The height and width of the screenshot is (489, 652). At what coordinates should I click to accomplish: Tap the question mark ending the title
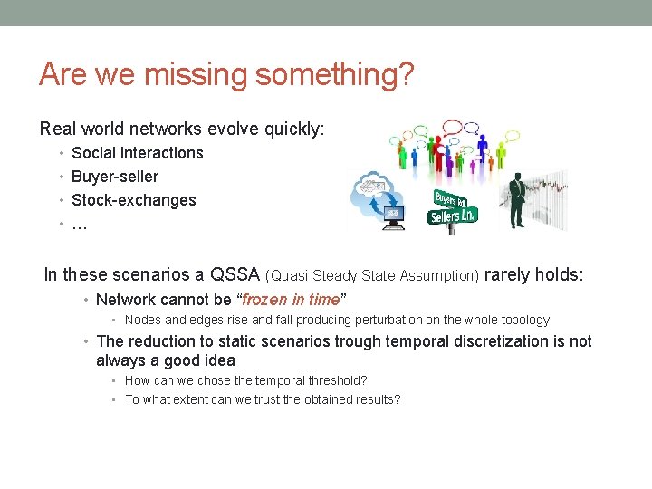pyautogui.click(x=406, y=74)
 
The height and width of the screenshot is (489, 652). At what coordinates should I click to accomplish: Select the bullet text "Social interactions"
pyautogui.click(x=138, y=153)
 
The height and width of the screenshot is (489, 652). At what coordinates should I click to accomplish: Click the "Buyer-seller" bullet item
pyautogui.click(x=115, y=177)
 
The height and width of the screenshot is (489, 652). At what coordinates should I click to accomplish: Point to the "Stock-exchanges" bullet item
pyautogui.click(x=134, y=200)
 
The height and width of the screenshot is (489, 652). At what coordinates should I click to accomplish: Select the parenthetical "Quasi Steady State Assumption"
pyautogui.click(x=373, y=275)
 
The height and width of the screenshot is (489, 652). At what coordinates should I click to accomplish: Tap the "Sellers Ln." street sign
pyautogui.click(x=453, y=216)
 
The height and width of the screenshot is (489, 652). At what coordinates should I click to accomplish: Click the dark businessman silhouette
pyautogui.click(x=517, y=199)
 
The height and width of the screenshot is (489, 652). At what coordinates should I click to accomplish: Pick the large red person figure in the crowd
pyautogui.click(x=438, y=153)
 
